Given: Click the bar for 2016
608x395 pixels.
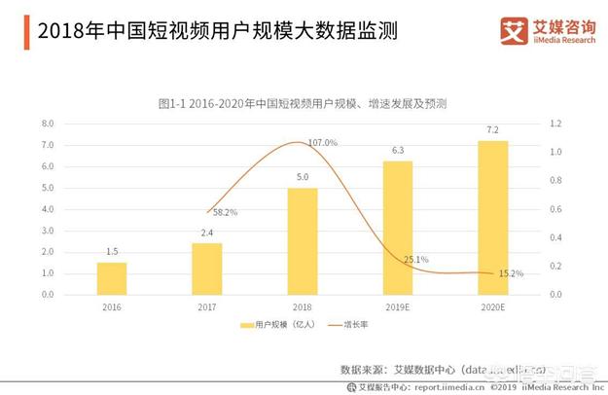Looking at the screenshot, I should (x=112, y=278).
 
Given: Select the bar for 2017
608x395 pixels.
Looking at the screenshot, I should (x=206, y=269).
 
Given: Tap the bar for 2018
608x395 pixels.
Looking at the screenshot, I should (x=303, y=241).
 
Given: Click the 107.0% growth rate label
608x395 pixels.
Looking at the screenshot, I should (x=322, y=143).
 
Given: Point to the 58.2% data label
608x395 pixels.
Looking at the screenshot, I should (x=225, y=211).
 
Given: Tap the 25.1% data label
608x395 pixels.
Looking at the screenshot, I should (x=415, y=260).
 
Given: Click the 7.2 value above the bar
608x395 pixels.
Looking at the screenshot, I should (x=492, y=130).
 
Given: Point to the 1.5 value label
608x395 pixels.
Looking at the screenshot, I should (x=112, y=251).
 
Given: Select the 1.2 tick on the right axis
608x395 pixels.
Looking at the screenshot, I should (x=556, y=125).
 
